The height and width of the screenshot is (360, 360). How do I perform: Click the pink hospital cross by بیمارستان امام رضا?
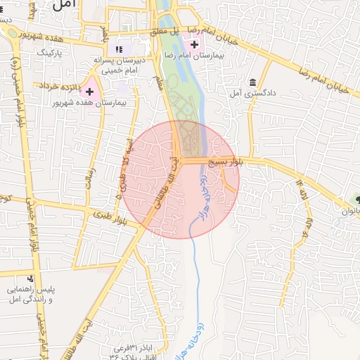click(x=195, y=45)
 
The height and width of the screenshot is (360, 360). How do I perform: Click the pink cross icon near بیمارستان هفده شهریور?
click(x=89, y=91)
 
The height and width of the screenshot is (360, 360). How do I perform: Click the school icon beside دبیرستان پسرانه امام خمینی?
click(x=119, y=50)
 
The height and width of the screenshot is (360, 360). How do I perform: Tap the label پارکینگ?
click(x=50, y=53)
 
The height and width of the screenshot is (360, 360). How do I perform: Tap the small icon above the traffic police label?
click(x=38, y=278)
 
